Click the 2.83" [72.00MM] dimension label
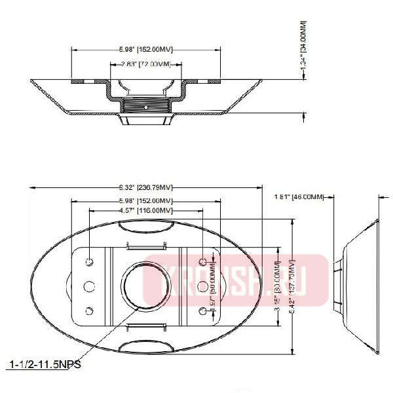[145, 64]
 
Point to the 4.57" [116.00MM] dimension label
[145, 210]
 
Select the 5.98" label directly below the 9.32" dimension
[145, 200]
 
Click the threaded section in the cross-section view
[145, 103]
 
